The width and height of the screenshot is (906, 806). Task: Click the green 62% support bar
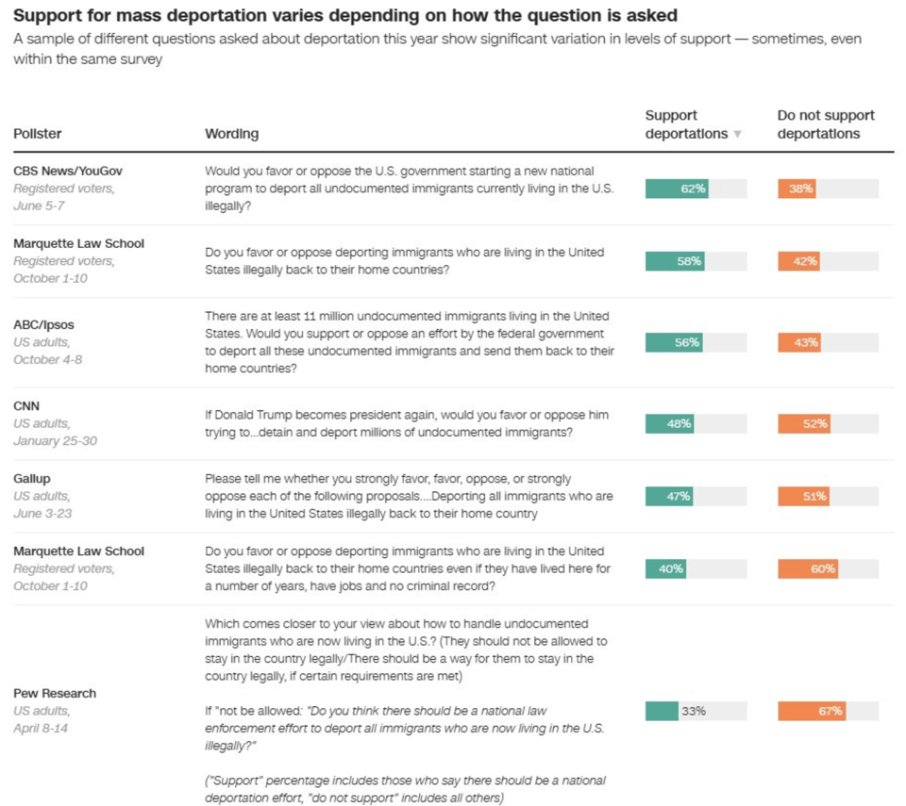point(677,189)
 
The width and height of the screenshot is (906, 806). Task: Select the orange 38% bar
point(797,189)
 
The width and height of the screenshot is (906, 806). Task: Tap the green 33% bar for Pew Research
point(662,711)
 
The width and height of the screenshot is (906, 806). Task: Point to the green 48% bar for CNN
point(669,423)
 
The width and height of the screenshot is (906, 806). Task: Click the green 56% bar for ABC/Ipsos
point(674,342)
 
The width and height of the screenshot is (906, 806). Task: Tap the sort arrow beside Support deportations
point(737,135)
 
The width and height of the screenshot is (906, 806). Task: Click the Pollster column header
point(38,134)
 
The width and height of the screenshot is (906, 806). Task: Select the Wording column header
point(231,134)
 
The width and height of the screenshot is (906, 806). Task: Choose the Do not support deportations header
point(825,124)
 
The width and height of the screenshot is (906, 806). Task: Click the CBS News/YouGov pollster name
point(68,171)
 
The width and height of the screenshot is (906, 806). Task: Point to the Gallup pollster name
point(33,479)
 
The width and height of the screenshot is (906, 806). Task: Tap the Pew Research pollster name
point(55,693)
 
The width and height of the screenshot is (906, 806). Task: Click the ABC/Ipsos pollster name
point(43,324)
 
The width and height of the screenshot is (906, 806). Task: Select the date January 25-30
point(55,441)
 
